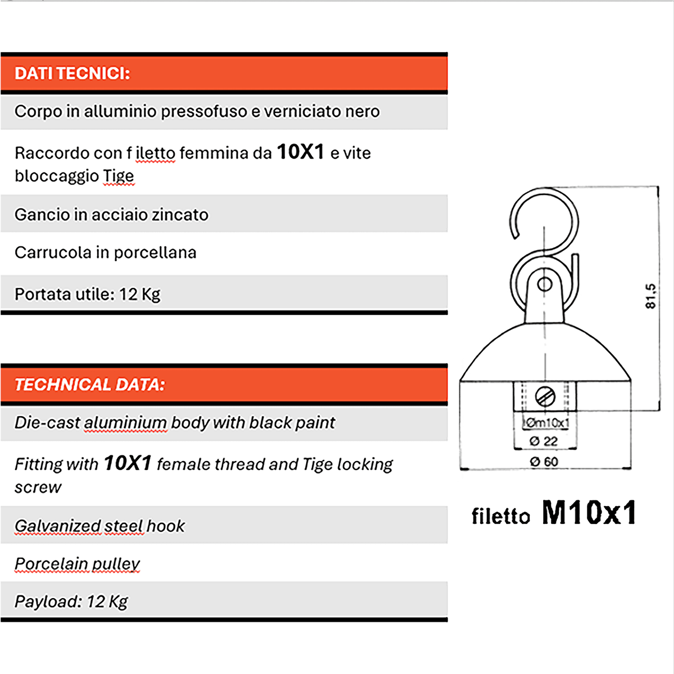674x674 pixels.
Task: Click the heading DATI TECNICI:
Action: (72, 74)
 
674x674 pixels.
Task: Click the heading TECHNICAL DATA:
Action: (90, 385)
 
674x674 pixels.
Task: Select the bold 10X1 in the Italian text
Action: (300, 152)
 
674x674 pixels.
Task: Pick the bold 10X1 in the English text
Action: (127, 463)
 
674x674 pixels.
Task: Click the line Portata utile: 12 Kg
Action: (88, 294)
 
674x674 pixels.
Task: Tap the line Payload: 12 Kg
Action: (71, 602)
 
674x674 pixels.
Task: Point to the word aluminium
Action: (125, 422)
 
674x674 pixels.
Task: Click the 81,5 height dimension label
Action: (650, 296)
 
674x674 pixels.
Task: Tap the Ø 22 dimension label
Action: (543, 441)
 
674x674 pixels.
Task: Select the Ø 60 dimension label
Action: (544, 462)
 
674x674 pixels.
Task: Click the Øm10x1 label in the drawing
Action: (546, 422)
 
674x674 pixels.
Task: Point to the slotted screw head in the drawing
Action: (545, 397)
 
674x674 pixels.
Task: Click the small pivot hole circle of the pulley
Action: (544, 284)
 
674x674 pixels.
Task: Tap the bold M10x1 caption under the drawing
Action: (589, 512)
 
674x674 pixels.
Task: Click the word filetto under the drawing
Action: (500, 516)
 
